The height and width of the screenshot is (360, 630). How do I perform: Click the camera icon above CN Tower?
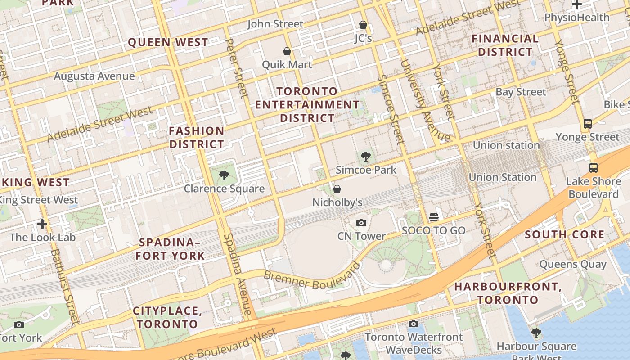(x=361, y=223)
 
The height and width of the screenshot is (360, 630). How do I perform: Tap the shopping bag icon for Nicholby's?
(x=337, y=189)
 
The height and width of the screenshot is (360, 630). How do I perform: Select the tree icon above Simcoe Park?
(x=365, y=157)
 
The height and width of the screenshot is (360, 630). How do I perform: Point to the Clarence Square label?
(x=224, y=189)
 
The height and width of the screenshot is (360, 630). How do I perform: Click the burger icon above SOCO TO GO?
(x=434, y=217)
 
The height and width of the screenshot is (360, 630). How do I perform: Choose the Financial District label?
(x=505, y=45)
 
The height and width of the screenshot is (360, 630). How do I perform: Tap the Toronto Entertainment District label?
(x=307, y=105)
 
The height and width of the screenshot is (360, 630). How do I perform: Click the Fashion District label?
(x=197, y=138)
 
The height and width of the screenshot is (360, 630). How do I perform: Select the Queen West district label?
(x=168, y=43)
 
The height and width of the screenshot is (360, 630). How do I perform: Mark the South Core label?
(x=564, y=234)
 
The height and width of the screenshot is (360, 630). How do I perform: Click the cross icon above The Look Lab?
(x=42, y=224)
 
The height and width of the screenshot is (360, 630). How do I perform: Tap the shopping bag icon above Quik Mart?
(x=287, y=52)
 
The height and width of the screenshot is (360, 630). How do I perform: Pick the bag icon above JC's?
(x=363, y=25)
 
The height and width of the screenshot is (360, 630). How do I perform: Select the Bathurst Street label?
(x=65, y=286)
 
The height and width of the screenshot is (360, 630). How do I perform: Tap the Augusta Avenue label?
(x=94, y=76)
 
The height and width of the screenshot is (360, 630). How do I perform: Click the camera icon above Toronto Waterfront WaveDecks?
(x=414, y=324)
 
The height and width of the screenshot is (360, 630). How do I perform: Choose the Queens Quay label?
(x=573, y=264)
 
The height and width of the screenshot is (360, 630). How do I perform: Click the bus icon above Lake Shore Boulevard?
(x=594, y=168)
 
